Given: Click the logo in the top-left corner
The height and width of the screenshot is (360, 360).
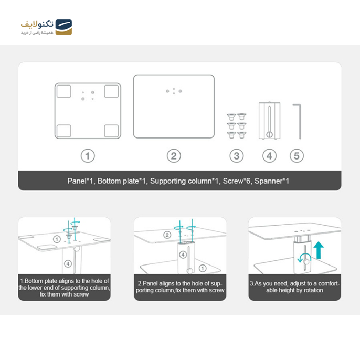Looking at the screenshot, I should click(46, 27).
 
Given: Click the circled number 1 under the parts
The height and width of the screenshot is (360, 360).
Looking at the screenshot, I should click(88, 156).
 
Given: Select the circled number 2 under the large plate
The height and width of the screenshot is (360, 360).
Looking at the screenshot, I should click(174, 156).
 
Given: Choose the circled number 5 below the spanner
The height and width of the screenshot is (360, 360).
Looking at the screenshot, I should click(297, 156).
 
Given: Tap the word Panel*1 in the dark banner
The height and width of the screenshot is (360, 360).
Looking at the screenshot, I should click(80, 181).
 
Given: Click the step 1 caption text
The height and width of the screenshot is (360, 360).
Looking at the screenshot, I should click(64, 288).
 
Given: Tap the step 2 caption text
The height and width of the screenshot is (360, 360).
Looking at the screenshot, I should click(180, 287).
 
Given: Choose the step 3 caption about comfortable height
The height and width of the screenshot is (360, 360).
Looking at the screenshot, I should click(294, 287).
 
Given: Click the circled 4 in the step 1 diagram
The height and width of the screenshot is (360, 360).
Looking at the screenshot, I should click(67, 262).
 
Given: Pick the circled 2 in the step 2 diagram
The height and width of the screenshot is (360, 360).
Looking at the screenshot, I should click(167, 235).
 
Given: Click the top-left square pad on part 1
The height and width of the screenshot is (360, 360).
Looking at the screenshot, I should click(63, 91).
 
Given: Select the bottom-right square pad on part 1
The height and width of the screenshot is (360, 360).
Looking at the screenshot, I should click(111, 130).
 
